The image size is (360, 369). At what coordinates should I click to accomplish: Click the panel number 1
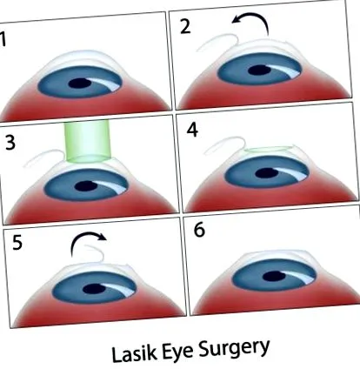click(3, 39)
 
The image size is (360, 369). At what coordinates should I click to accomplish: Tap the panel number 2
click(185, 27)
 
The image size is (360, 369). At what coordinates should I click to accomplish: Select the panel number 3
click(10, 142)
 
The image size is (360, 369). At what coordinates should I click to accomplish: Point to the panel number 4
click(192, 130)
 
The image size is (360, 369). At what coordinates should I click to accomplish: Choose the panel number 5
click(17, 242)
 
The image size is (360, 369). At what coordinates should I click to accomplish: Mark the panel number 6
click(199, 230)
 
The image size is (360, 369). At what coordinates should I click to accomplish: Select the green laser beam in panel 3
click(87, 141)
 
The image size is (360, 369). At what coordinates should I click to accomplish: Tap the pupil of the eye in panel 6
click(274, 276)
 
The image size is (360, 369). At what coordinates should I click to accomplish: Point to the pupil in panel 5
click(94, 289)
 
